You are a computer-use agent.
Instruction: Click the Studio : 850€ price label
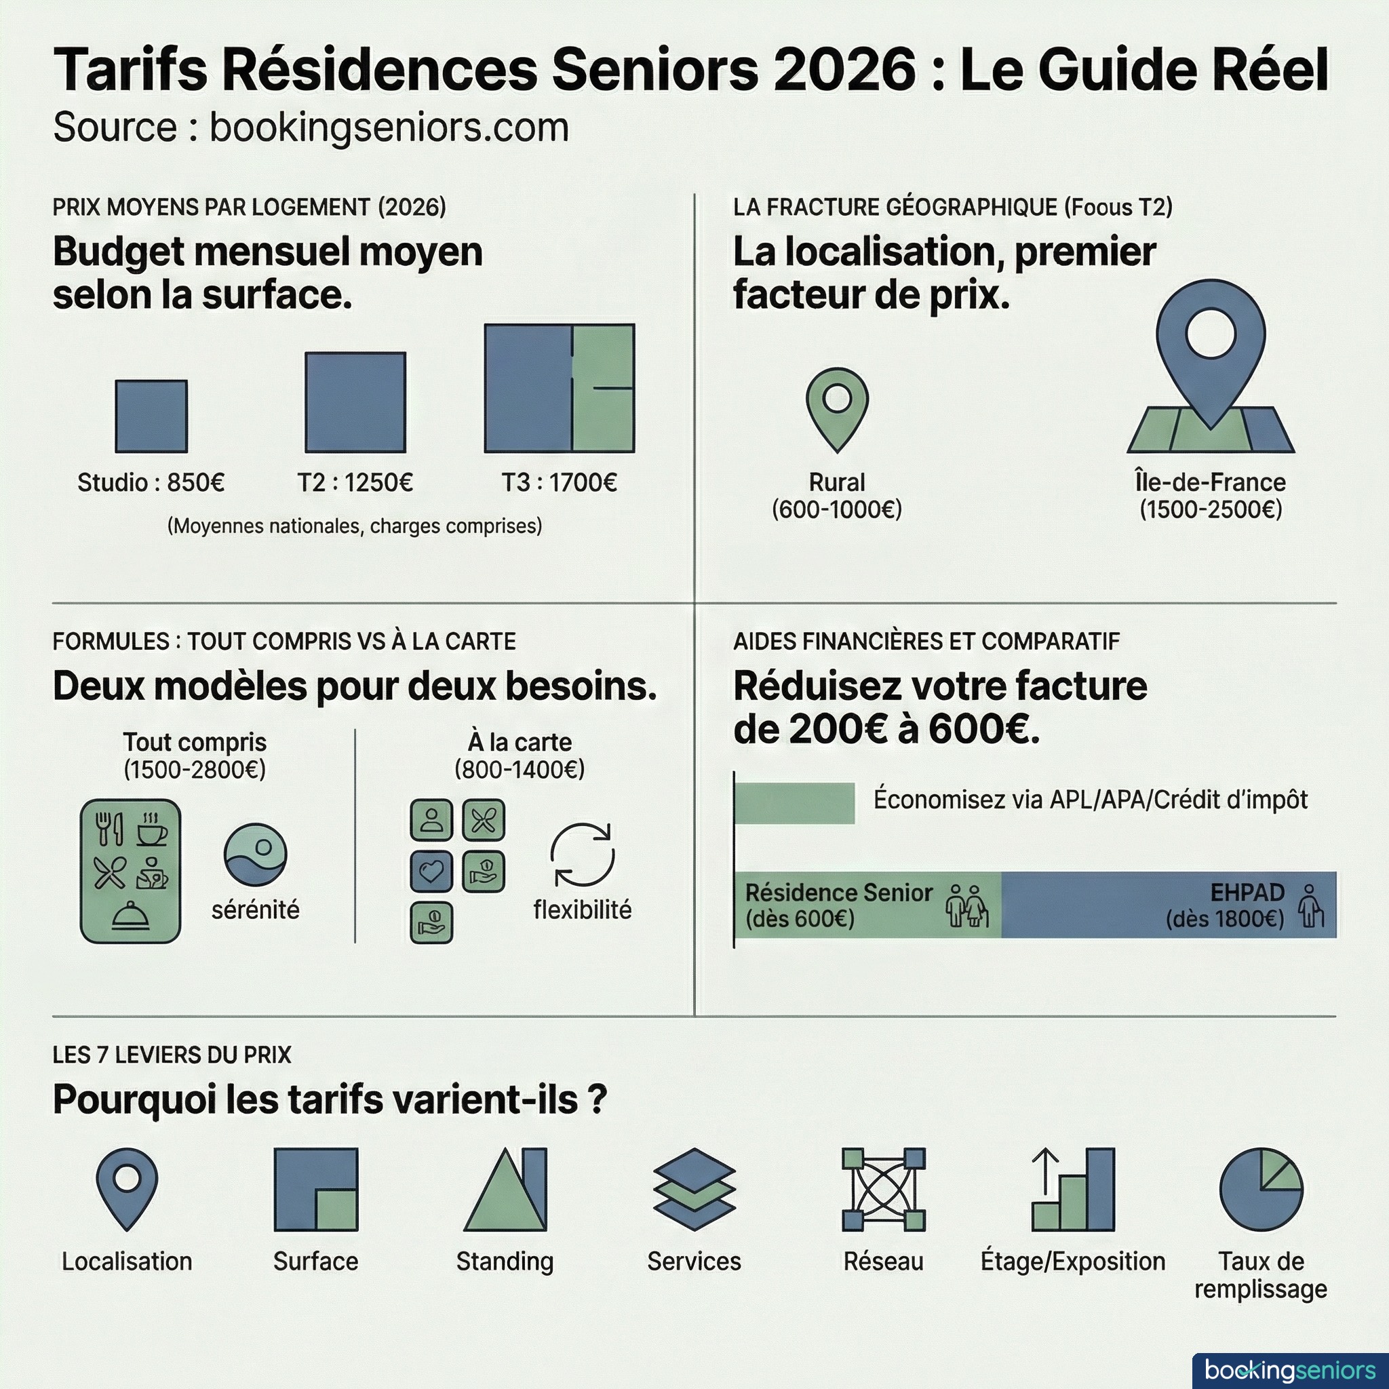click(151, 482)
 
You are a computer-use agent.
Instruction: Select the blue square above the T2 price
click(355, 402)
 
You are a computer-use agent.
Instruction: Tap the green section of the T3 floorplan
click(604, 388)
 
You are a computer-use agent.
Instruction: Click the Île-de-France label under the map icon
click(1210, 482)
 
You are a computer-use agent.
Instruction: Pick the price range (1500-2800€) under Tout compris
click(195, 770)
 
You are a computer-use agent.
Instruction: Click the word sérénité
click(255, 909)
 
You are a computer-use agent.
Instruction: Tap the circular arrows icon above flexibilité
click(583, 855)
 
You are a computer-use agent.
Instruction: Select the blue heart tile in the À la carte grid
click(431, 872)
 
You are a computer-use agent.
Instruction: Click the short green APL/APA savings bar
click(794, 803)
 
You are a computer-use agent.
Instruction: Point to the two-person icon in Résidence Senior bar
click(967, 906)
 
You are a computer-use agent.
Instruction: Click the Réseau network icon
click(884, 1189)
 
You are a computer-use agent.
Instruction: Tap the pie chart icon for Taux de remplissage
click(1261, 1189)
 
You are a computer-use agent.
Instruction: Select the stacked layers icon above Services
click(694, 1189)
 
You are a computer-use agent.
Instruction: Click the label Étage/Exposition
click(1073, 1261)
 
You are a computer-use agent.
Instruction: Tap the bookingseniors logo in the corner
click(1290, 1369)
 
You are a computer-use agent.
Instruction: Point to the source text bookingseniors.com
click(389, 128)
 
